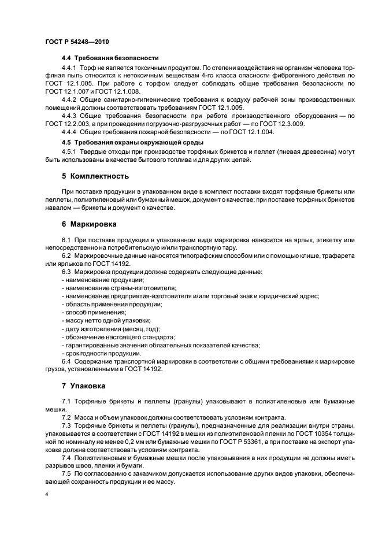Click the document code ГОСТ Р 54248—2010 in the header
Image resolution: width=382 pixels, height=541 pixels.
76,43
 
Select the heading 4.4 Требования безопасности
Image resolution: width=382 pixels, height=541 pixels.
110,58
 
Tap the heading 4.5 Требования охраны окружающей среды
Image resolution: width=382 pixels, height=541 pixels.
133,142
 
